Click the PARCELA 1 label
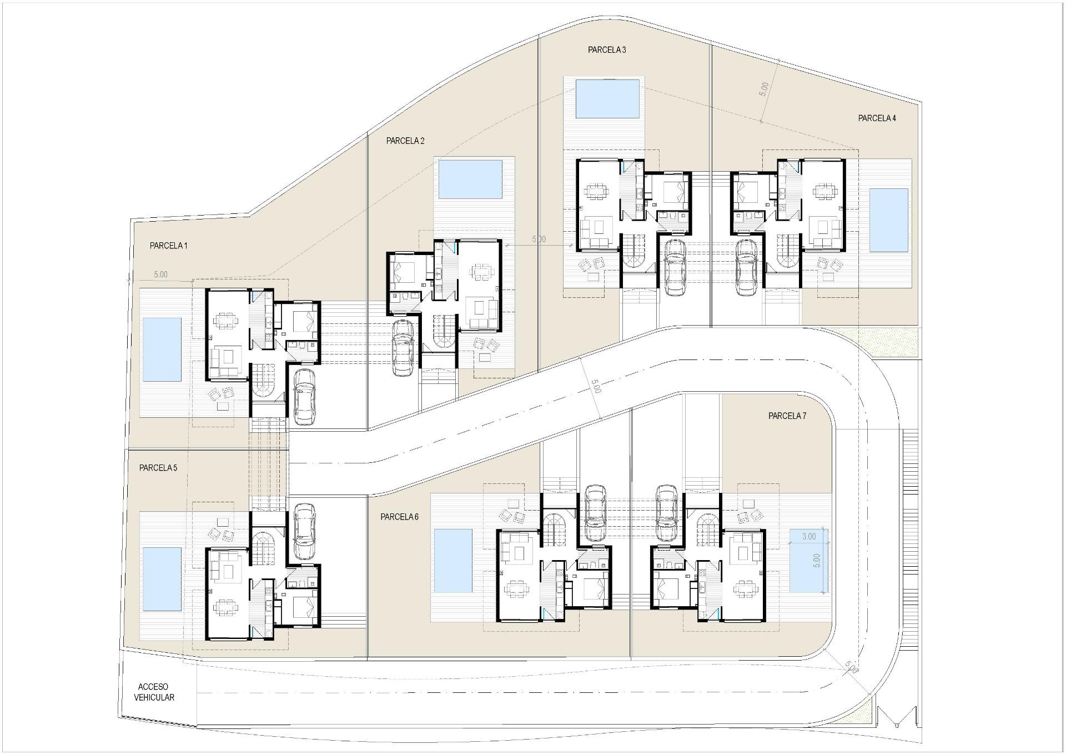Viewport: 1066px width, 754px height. click(x=168, y=246)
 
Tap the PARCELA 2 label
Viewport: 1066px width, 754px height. click(x=405, y=141)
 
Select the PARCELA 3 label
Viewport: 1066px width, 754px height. click(x=607, y=50)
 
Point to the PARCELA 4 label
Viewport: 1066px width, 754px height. click(x=877, y=118)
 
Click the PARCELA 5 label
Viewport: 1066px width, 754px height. click(x=158, y=468)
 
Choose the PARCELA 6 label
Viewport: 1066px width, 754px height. click(x=399, y=517)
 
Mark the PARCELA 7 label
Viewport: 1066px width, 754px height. click(x=787, y=416)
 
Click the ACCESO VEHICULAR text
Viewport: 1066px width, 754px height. click(x=154, y=692)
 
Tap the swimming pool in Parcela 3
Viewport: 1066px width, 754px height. click(x=607, y=99)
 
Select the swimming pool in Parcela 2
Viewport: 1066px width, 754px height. click(x=470, y=179)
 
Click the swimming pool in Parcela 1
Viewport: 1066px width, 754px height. click(x=162, y=349)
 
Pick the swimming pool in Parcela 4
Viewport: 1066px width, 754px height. click(x=888, y=220)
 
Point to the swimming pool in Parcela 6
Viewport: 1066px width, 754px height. click(x=452, y=561)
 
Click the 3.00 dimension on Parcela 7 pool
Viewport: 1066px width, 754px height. click(x=808, y=537)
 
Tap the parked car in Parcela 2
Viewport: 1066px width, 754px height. click(x=403, y=348)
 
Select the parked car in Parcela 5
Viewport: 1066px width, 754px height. click(x=304, y=531)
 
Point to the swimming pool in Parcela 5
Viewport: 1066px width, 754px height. click(x=162, y=578)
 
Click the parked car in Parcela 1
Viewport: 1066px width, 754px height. click(x=304, y=396)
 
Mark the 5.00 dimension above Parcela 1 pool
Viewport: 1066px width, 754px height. click(x=160, y=274)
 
